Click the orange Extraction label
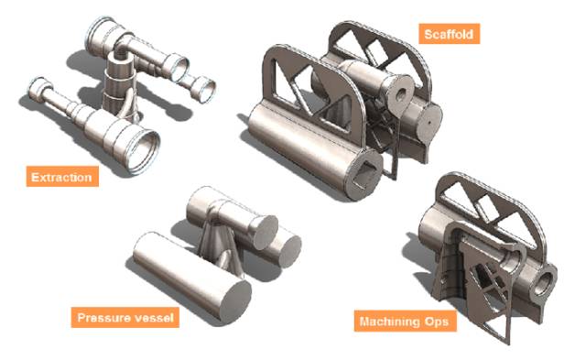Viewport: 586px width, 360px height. [x=62, y=177]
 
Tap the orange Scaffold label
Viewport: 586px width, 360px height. [x=449, y=34]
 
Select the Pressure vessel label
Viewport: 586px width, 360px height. [x=125, y=317]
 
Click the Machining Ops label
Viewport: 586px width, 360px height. [x=405, y=321]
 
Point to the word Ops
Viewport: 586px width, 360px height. [x=437, y=322]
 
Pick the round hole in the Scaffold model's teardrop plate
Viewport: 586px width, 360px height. [x=401, y=95]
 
